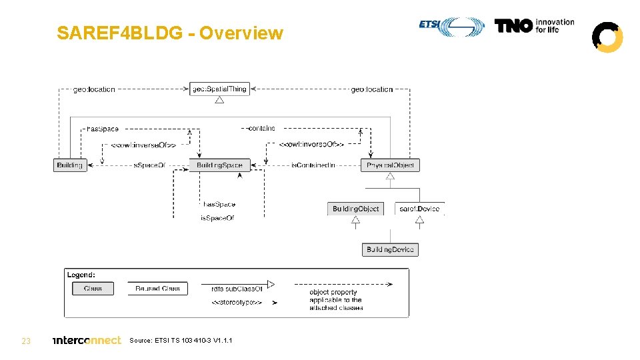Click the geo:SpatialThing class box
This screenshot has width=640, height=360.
[219, 89]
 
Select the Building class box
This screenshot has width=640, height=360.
[70, 165]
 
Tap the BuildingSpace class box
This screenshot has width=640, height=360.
[219, 165]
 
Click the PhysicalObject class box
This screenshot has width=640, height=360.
[391, 165]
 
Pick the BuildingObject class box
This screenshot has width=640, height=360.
[355, 209]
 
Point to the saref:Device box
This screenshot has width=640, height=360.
[419, 209]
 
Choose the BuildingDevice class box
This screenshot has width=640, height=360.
[390, 249]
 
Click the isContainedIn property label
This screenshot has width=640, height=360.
[313, 165]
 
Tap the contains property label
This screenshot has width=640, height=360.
[261, 128]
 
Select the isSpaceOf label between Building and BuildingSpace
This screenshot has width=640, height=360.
[149, 165]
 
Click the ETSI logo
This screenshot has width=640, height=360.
[452, 26]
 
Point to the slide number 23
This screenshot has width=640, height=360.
[26, 341]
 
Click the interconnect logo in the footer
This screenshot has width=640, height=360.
[87, 340]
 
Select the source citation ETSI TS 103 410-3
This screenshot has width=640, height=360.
[181, 341]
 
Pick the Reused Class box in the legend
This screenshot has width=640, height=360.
[157, 289]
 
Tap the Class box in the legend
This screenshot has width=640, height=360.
[93, 289]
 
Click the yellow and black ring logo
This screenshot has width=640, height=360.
[607, 37]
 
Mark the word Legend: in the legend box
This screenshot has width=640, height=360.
[81, 275]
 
